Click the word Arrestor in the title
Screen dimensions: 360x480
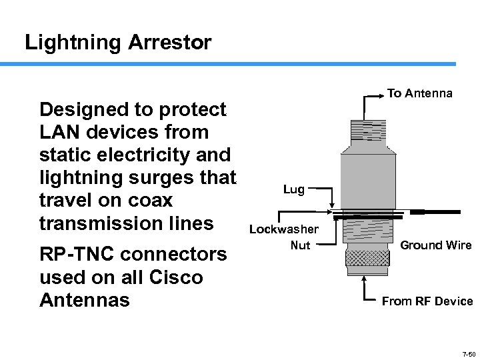point(170,43)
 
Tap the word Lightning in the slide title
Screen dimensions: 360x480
point(73,43)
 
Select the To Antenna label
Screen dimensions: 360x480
point(419,93)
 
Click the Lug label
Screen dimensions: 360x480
point(293,189)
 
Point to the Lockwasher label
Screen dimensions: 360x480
point(284,230)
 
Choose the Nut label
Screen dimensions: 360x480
point(300,245)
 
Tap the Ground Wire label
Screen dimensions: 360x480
point(435,245)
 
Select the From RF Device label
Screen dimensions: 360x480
point(427,301)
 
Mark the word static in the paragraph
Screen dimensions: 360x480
point(63,155)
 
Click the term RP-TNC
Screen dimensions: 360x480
point(77,255)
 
